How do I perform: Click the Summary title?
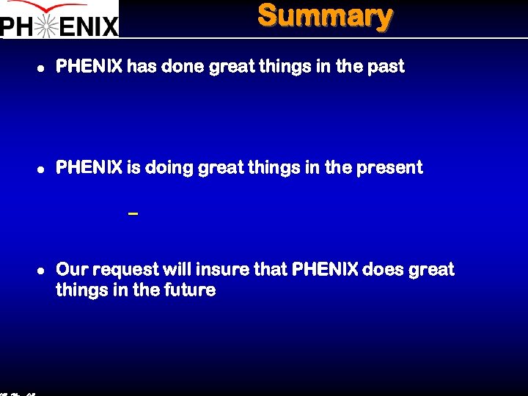point(325,15)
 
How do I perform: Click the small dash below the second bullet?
point(133,213)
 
